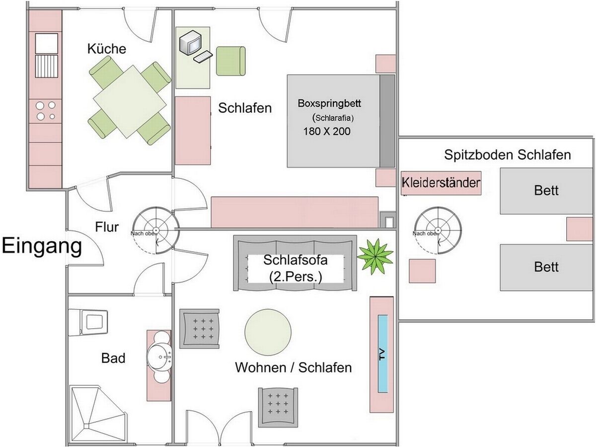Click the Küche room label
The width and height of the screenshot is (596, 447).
coord(106,49)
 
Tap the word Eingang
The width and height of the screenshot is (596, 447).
coord(42,246)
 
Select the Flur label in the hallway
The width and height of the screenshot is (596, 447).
coord(107,227)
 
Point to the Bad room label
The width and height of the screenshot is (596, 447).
coord(113,358)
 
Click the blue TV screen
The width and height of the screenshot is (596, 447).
coord(382,354)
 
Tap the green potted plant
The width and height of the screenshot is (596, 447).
coord(375,256)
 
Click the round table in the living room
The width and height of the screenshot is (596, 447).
coord(268,332)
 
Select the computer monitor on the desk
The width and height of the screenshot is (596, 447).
coord(190,43)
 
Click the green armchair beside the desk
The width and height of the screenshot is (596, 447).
coord(231,61)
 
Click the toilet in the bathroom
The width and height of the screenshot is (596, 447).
coord(88,322)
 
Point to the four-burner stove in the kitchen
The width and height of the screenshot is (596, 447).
coord(46,111)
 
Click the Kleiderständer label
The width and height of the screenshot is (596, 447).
coord(441,182)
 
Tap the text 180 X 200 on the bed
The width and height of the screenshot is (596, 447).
coord(327,131)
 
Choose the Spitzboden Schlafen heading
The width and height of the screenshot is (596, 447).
coord(508,154)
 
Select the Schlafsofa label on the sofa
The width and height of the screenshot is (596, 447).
coord(296,260)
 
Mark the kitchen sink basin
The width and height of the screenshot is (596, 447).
coord(46,43)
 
